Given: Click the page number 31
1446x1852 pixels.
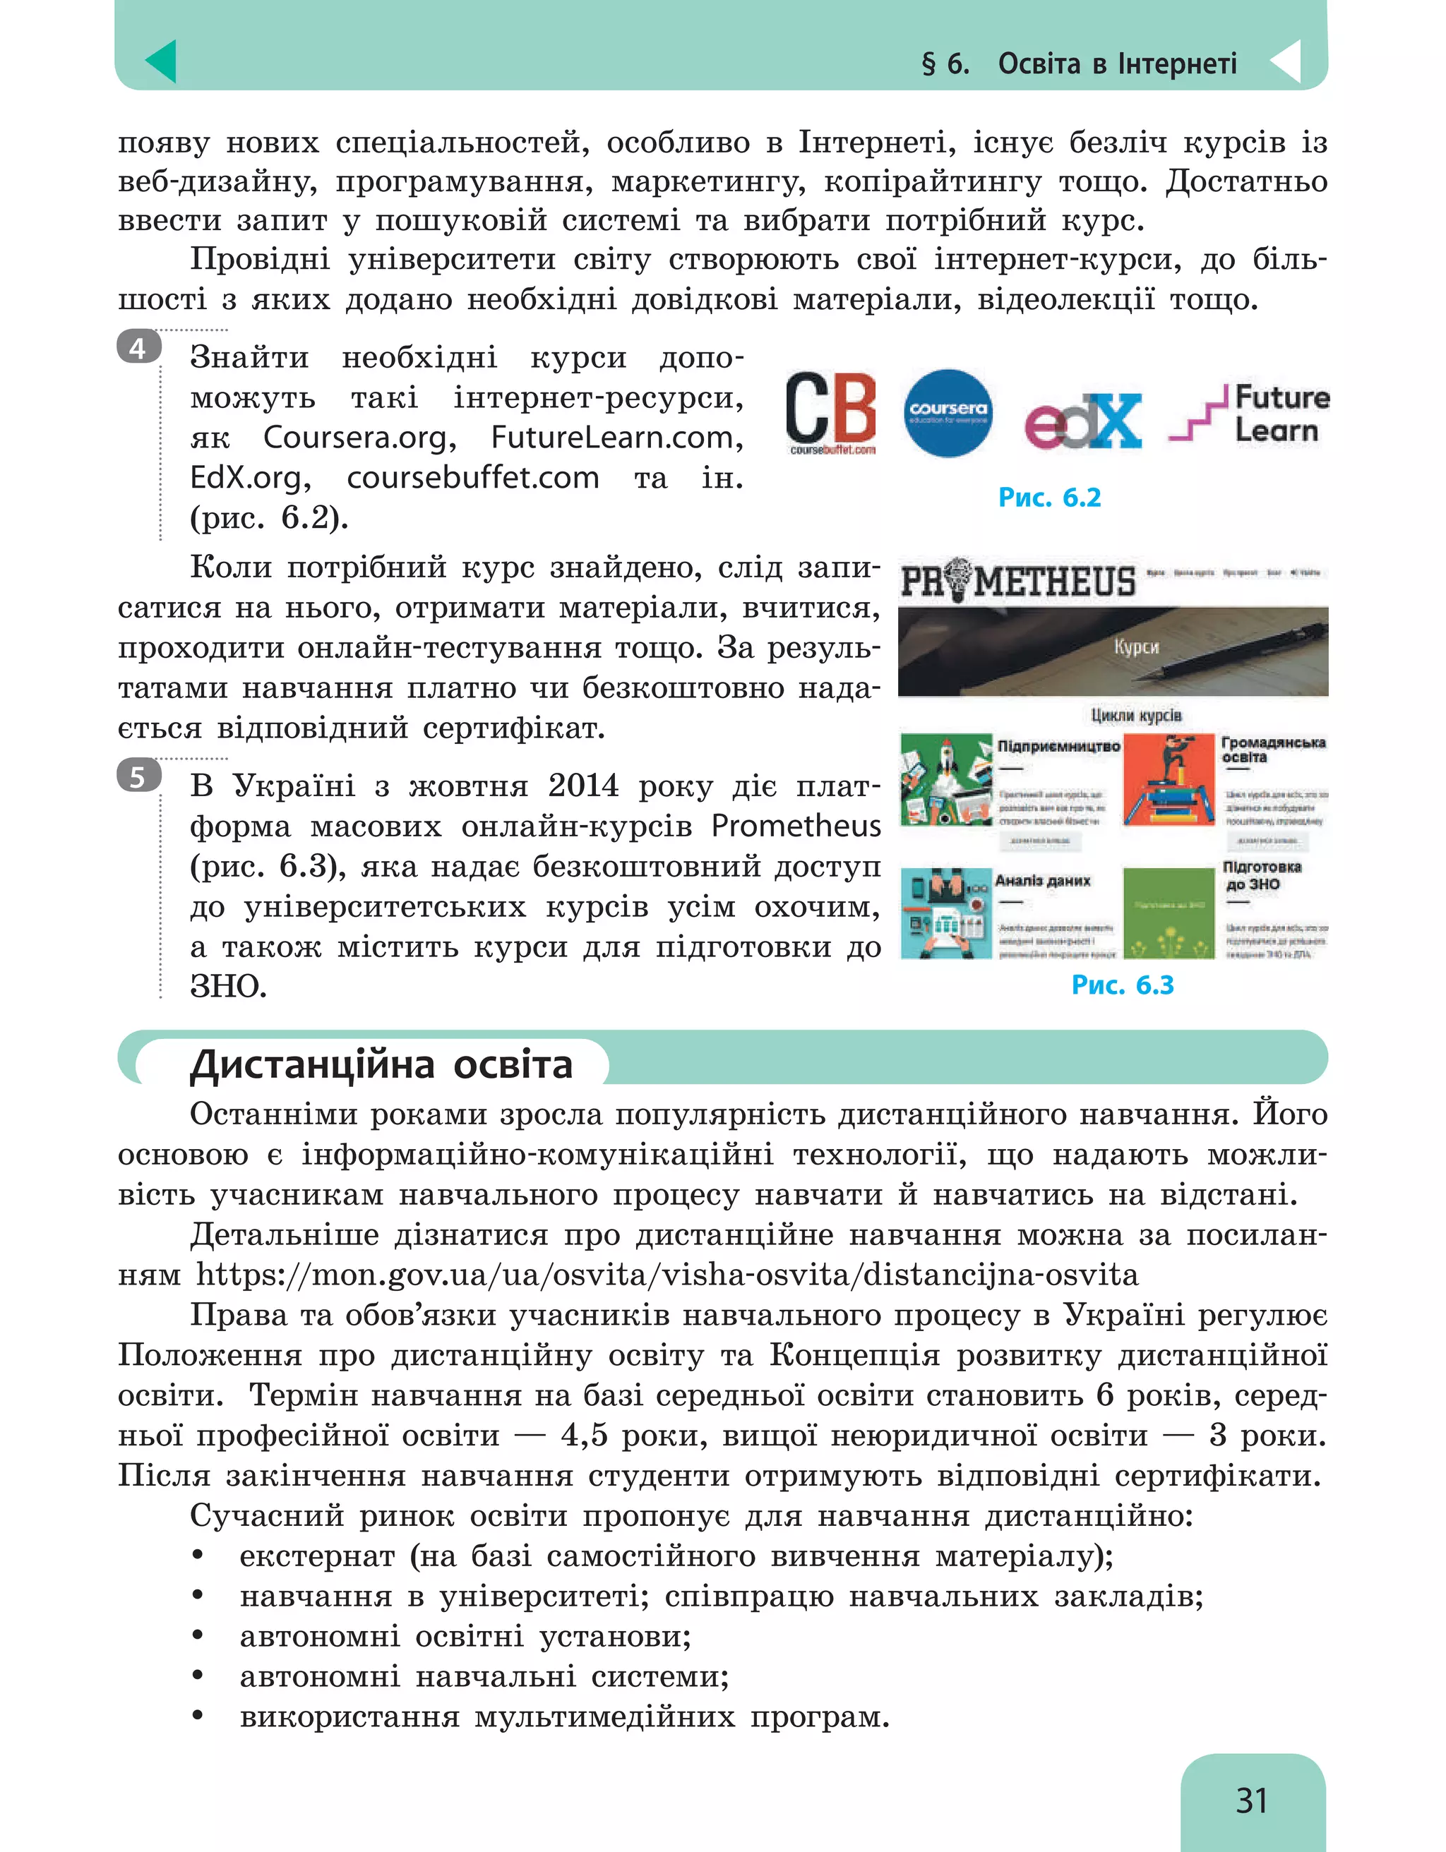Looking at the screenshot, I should point(1251,1800).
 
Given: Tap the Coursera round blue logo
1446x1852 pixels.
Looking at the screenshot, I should point(948,413).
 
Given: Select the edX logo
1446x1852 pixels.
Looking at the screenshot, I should point(1082,421).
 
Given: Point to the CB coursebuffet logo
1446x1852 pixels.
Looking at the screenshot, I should point(830,412).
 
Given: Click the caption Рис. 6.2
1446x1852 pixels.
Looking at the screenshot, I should point(1049,497).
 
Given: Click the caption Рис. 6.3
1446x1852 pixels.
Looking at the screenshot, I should point(1122,985).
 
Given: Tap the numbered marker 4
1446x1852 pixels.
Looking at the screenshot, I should point(138,348).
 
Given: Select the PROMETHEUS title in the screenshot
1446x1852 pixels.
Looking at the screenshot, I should point(1017,582).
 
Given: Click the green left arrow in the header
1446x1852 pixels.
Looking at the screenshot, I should point(160,61).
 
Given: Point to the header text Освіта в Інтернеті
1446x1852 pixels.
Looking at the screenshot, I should point(1117,64).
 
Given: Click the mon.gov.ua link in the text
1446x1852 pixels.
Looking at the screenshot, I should point(667,1275).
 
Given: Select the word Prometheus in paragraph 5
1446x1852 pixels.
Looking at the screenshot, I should point(796,825).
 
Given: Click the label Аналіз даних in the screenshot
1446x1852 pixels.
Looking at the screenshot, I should point(1042,880).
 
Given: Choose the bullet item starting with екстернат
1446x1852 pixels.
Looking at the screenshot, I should point(676,1556).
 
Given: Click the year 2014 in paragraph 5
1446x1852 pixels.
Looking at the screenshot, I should point(582,786).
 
